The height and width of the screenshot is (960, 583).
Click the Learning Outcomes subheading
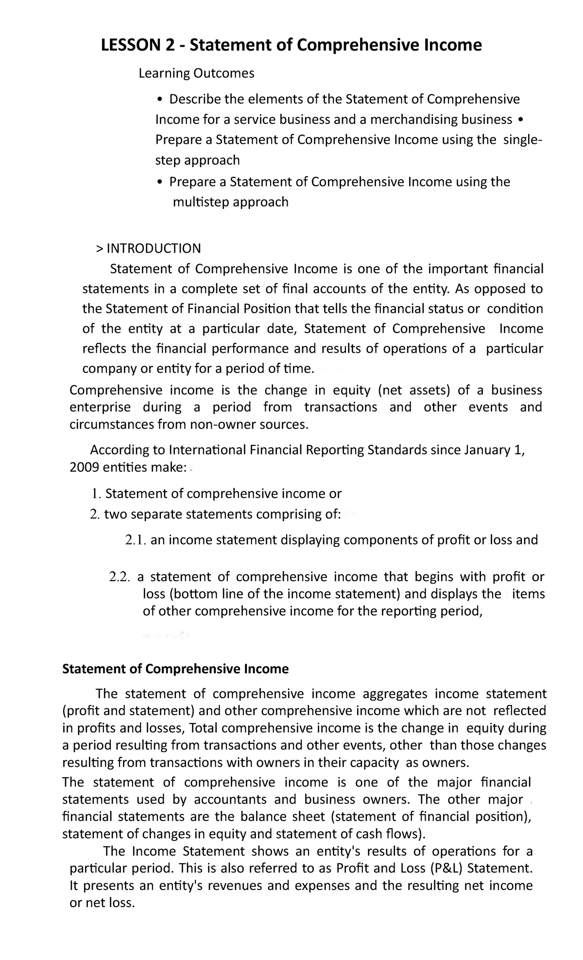[196, 73]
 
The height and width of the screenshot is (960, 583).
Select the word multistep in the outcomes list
[201, 202]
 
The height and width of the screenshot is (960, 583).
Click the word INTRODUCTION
[153, 249]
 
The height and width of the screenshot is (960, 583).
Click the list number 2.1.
[136, 540]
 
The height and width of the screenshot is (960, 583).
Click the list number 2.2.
[120, 577]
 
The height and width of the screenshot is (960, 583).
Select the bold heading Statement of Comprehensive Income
[175, 669]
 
